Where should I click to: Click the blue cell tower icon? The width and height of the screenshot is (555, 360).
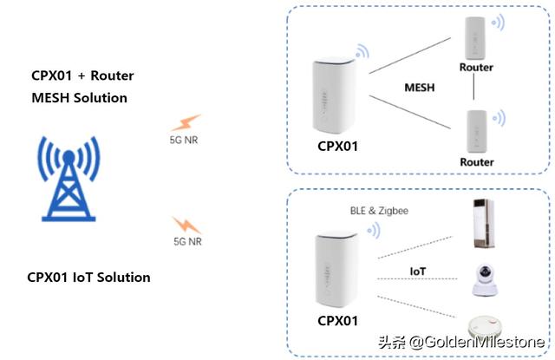[69, 179]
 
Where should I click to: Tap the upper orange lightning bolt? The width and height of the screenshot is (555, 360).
[186, 122]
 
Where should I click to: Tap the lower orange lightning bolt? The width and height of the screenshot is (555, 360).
[187, 225]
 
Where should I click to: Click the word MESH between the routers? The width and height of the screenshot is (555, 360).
[420, 88]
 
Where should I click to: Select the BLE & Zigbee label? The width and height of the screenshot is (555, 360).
[379, 211]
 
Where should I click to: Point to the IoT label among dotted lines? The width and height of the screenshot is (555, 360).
[418, 272]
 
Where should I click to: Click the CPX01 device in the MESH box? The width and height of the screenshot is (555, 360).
[334, 96]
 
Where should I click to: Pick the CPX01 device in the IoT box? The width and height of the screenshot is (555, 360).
[336, 270]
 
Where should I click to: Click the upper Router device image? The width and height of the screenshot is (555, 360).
[475, 38]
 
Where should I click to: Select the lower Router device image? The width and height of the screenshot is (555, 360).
[477, 131]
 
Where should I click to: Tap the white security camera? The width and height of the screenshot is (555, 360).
[485, 279]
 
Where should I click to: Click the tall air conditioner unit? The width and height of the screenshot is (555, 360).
[484, 223]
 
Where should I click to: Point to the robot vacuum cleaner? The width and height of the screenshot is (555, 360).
[485, 327]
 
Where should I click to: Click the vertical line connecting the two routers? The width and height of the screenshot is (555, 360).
[474, 87]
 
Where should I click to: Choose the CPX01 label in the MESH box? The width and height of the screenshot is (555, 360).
[337, 147]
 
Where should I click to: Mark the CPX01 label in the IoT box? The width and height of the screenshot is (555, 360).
[337, 321]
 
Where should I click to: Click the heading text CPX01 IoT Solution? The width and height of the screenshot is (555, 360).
[88, 278]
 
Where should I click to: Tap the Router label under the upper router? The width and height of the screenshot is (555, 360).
[476, 68]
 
